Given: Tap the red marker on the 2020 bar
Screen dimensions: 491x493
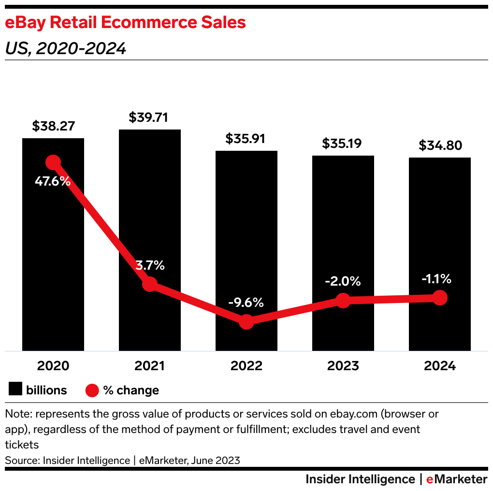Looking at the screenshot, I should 53,162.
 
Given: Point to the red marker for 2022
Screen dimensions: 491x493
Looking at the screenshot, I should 246,321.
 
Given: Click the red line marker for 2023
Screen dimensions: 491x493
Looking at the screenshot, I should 343,301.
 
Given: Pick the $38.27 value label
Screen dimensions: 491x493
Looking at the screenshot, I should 53,126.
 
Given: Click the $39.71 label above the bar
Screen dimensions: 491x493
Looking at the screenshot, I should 150,117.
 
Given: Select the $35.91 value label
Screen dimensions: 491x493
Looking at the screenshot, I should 246,139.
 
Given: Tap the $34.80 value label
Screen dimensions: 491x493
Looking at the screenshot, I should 440,145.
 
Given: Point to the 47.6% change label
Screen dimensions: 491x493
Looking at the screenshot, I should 53,182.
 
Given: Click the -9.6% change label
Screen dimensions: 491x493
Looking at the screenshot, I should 246,303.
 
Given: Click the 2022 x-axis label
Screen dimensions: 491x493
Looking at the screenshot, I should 246,366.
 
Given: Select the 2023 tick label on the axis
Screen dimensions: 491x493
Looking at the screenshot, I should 343,366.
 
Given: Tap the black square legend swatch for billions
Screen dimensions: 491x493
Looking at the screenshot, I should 16,390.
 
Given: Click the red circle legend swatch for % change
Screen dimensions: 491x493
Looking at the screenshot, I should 92,390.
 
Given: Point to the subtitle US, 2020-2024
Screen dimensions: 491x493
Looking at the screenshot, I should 66,48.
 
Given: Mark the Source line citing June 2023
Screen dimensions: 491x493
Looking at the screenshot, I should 123,460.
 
